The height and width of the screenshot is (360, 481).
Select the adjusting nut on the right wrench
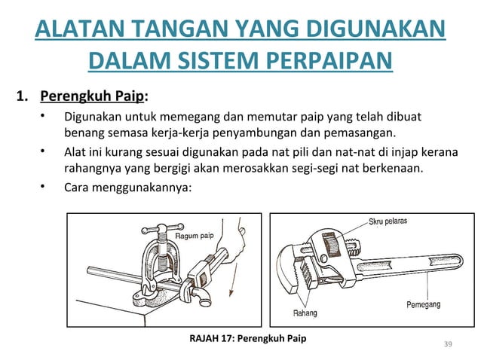pos(329,247)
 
